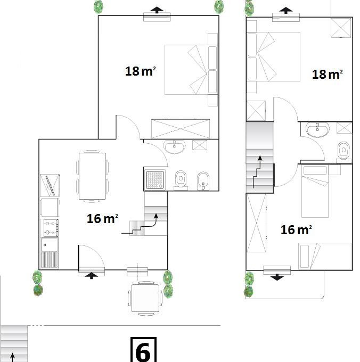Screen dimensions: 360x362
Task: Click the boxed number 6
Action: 143,350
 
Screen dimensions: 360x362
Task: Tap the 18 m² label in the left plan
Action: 140,71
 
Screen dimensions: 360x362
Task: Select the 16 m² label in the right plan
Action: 296,230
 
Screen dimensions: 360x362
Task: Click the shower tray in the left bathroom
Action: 156,180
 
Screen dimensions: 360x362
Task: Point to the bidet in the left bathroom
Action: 203,181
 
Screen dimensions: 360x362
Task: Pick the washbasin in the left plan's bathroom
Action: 174,146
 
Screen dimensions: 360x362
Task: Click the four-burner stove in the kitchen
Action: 50,228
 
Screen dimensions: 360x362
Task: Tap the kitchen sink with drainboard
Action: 50,253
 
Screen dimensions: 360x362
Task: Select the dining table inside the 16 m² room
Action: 92,176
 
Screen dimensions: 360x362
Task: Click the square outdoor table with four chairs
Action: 145,298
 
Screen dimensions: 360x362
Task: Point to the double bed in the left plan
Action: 191,70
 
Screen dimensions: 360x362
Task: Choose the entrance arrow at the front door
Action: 92,275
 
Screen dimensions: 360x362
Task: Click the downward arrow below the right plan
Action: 277,277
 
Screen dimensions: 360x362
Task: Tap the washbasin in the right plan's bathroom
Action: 317,129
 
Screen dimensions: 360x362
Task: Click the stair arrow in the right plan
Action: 257,172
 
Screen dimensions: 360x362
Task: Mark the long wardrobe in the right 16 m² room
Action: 256,223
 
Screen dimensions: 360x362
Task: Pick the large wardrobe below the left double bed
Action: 181,129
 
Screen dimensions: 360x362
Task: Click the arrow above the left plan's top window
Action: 157,10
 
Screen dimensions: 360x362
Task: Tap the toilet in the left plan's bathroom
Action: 181,180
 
